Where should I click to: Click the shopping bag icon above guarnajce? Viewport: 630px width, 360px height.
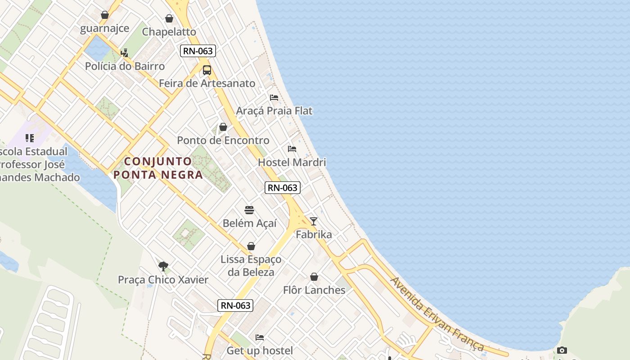click(105, 15)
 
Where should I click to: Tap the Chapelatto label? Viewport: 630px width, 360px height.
click(169, 32)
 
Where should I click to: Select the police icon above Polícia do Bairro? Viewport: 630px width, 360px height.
click(125, 53)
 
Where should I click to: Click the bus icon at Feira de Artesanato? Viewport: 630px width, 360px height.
click(207, 70)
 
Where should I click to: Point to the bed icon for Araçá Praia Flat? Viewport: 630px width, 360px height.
click(274, 98)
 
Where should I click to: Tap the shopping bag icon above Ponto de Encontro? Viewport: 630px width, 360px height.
click(223, 127)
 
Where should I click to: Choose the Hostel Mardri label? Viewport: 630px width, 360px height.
click(292, 162)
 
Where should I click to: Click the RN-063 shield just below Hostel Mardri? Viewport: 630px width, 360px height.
click(282, 188)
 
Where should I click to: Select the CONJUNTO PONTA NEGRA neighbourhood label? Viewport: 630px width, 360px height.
click(158, 168)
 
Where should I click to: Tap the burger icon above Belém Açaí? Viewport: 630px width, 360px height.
click(249, 210)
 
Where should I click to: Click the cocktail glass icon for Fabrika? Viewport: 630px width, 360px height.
click(314, 221)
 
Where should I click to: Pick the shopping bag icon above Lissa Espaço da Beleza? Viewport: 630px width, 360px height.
click(251, 246)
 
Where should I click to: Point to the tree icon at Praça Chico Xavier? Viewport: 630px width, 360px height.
click(163, 266)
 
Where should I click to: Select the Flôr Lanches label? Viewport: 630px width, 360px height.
click(314, 290)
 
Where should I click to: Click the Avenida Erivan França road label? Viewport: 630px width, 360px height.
click(436, 314)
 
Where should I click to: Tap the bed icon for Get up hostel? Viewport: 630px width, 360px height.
click(260, 337)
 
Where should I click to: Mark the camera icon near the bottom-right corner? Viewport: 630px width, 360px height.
click(562, 350)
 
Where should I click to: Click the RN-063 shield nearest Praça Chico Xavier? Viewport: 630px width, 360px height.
click(235, 306)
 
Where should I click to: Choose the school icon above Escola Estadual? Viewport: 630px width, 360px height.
click(30, 138)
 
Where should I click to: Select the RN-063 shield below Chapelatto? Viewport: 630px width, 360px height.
click(198, 51)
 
